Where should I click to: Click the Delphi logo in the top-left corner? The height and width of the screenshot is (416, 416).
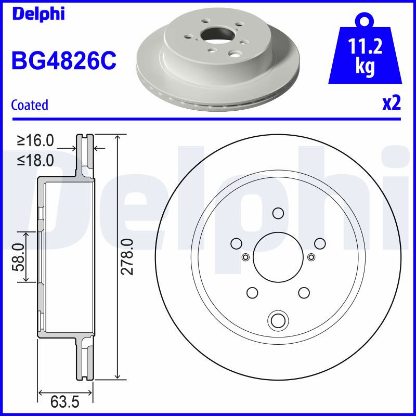[x=38, y=14]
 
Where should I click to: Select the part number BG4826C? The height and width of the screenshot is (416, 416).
[x=64, y=60]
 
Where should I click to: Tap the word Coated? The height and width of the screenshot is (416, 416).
[x=30, y=105]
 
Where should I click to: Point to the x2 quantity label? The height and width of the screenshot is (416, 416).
[x=392, y=103]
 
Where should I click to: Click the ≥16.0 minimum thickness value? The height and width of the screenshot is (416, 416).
[x=35, y=140]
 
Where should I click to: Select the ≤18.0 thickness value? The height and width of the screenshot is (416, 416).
[x=35, y=160]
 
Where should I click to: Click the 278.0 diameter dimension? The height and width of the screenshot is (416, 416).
[x=127, y=256]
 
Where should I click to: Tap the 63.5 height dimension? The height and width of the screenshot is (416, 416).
[x=65, y=402]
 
